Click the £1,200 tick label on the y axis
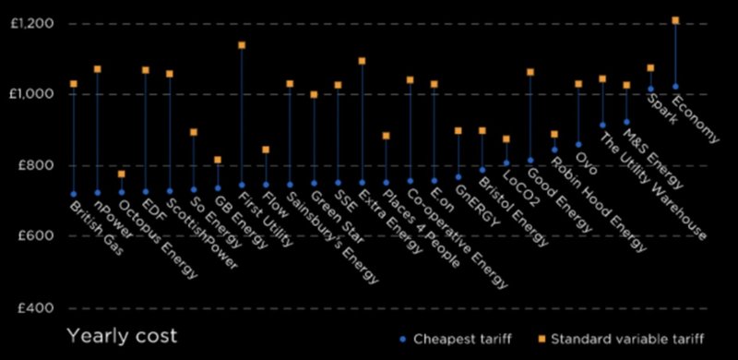(x=30, y=22)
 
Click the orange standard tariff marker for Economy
(x=675, y=20)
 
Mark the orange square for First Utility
(x=242, y=45)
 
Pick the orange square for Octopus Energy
(x=122, y=174)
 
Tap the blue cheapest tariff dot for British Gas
(x=73, y=194)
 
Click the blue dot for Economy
(x=675, y=87)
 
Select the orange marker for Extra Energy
(x=362, y=61)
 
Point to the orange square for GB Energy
(x=218, y=160)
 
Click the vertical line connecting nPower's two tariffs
(x=97, y=129)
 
